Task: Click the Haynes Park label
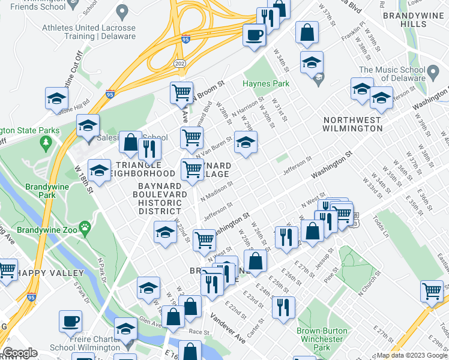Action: click(x=266, y=84)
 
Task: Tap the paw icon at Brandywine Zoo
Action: click(x=86, y=228)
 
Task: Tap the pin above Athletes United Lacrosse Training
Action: click(x=123, y=11)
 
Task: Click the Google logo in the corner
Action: click(x=20, y=353)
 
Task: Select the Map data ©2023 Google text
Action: click(x=411, y=355)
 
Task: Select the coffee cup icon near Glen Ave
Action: click(x=71, y=321)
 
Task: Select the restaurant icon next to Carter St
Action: click(x=283, y=307)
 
